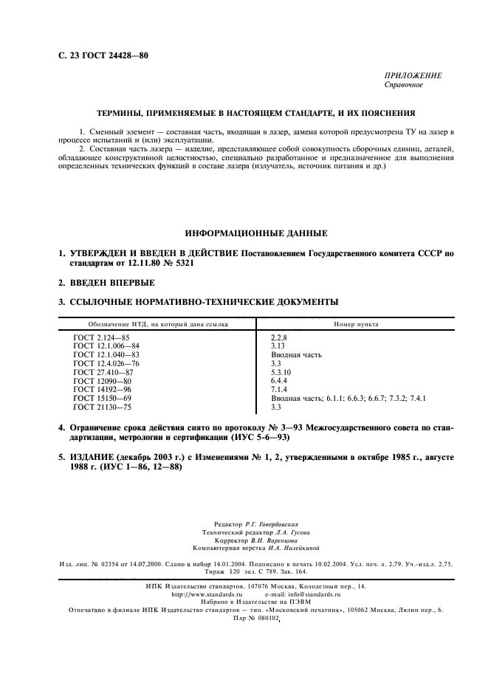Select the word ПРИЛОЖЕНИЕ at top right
pyautogui.click(x=413, y=76)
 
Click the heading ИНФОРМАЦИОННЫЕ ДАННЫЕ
pyautogui.click(x=244, y=233)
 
